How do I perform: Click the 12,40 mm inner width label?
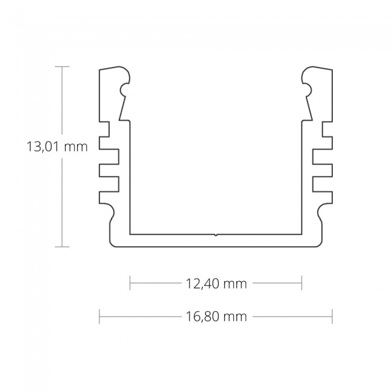pyautogui.click(x=216, y=284)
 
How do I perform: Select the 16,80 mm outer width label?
pyautogui.click(x=216, y=317)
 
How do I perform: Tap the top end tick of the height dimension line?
pyautogui.click(x=62, y=66)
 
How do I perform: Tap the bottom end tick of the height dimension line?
pyautogui.click(x=62, y=246)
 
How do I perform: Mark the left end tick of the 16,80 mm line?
pyautogui.click(x=100, y=316)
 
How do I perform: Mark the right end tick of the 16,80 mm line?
pyautogui.click(x=332, y=316)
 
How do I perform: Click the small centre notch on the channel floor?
pyautogui.click(x=216, y=233)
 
